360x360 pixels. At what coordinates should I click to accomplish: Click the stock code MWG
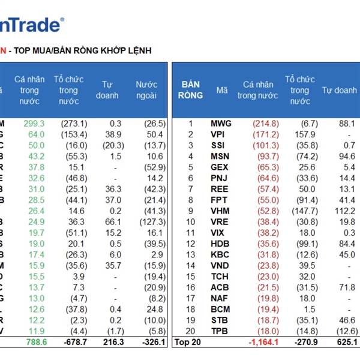221,124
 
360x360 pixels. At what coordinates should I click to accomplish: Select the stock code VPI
218,134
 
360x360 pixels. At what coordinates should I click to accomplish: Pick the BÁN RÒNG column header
190,90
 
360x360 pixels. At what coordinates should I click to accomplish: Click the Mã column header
222,90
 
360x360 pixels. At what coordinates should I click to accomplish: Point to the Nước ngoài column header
146,90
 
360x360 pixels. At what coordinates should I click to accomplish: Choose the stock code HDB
220,244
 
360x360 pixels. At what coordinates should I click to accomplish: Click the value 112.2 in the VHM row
345,211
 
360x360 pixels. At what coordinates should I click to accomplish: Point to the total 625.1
346,342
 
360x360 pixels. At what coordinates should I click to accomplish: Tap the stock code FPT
219,200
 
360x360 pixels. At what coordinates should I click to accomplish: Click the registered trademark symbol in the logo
62,20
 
